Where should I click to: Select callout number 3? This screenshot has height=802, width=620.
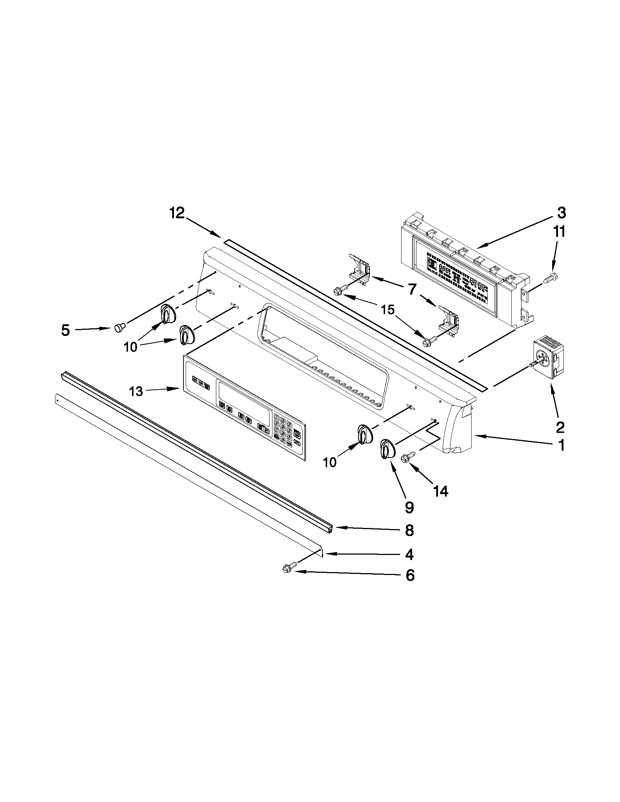coord(561,213)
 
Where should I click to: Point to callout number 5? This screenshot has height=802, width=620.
coord(65,330)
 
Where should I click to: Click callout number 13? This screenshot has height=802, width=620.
coord(136,391)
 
